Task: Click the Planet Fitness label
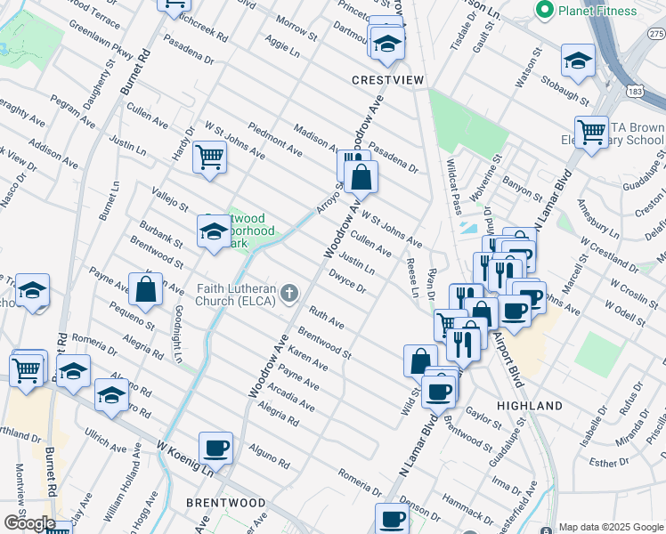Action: point(597,10)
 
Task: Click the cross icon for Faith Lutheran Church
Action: point(288,293)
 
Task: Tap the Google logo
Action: point(28,523)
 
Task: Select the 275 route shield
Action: point(655,33)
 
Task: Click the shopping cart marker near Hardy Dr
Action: point(209,157)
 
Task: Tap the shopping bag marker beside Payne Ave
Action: point(145,288)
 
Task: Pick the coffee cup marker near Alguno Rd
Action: point(215,447)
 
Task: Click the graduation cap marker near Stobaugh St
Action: point(578,61)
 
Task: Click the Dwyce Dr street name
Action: point(347,281)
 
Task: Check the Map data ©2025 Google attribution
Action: point(610,526)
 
